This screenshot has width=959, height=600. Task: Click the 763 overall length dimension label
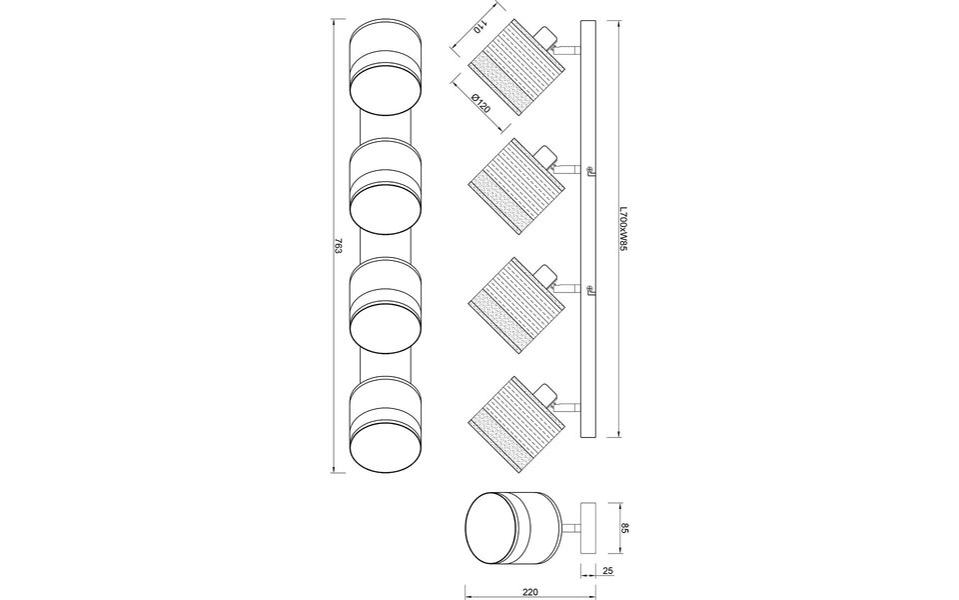coord(341,246)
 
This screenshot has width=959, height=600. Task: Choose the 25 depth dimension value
coord(608,570)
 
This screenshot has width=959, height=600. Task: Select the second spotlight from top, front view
coord(387,185)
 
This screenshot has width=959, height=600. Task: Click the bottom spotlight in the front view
coord(387,425)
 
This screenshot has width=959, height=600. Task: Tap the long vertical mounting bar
coord(587,230)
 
